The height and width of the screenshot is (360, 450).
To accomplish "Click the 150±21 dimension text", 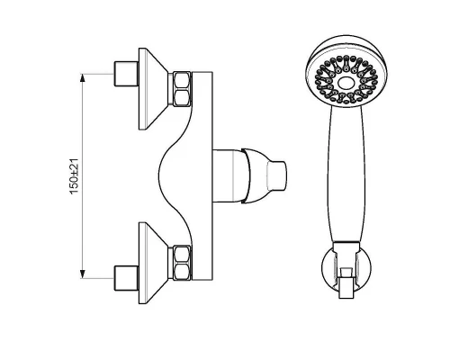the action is [x=74, y=176].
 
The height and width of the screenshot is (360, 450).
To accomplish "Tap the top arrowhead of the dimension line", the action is [x=83, y=77].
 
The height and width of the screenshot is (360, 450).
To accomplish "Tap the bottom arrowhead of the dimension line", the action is [x=83, y=274].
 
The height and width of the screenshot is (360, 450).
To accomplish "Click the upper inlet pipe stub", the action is [x=126, y=74].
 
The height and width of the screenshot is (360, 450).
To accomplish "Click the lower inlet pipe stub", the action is [x=126, y=278].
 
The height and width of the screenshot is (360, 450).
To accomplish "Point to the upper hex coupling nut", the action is [x=182, y=89].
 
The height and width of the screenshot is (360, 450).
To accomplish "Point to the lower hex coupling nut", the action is [x=182, y=263].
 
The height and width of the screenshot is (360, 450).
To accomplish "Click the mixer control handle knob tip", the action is [x=275, y=175].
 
